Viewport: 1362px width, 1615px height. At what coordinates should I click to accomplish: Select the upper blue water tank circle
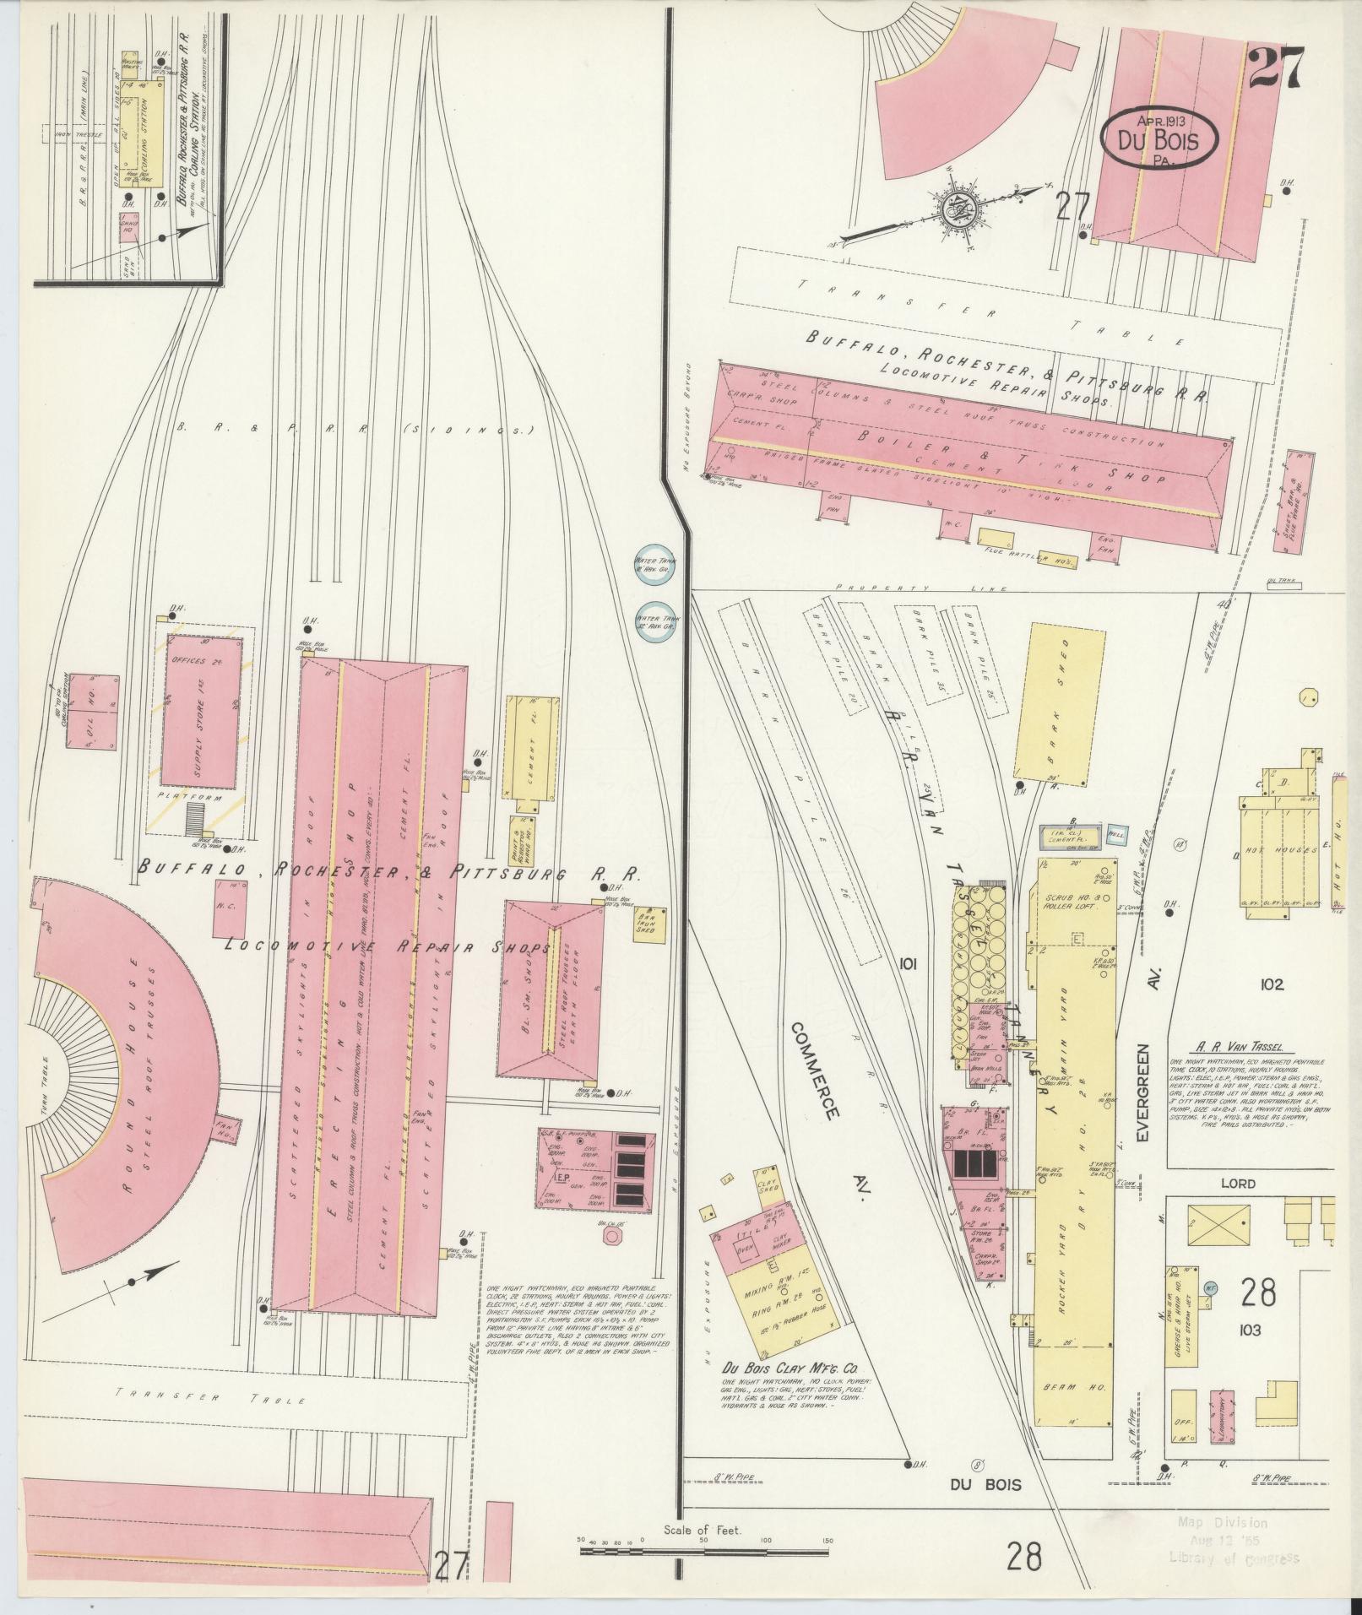pyautogui.click(x=652, y=563)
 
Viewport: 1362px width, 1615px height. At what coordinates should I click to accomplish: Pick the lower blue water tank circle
pyautogui.click(x=652, y=622)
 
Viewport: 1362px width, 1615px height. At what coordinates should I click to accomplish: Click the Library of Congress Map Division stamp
pyautogui.click(x=1235, y=1541)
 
